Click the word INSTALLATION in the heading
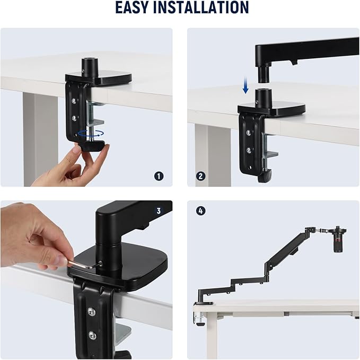204,7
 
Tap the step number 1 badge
159,175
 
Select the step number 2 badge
200,175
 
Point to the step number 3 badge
159,210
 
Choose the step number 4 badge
200,210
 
